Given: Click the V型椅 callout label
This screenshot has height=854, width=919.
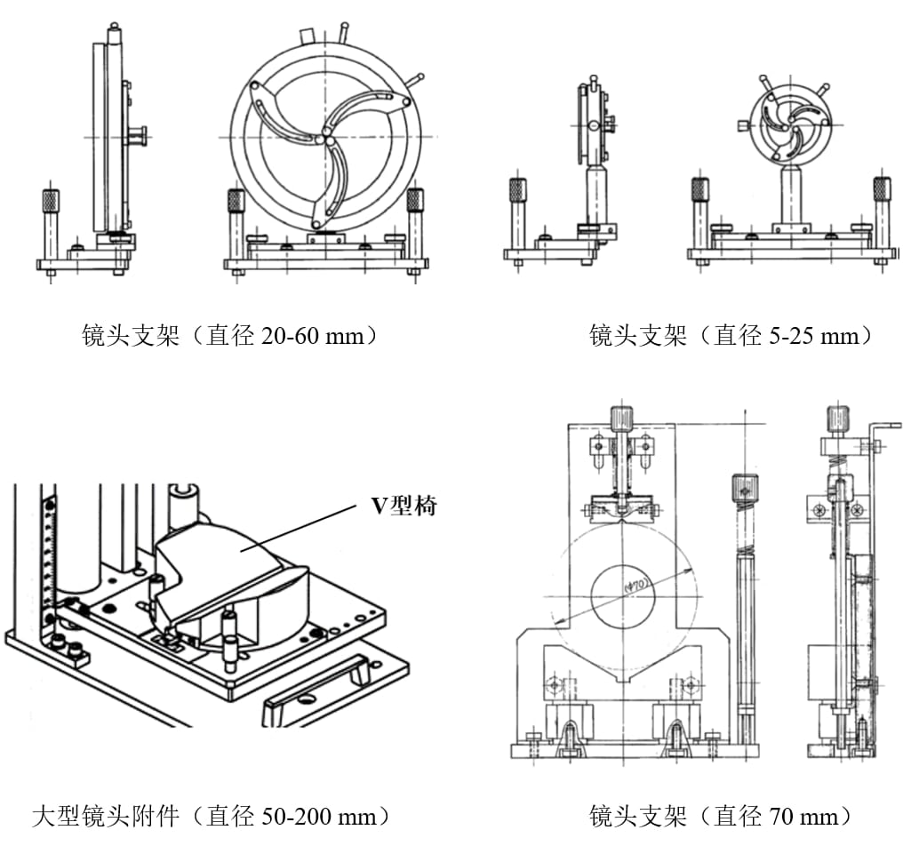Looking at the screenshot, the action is pos(404,506).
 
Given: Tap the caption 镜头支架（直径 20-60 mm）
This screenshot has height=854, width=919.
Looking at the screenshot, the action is pos(230,336).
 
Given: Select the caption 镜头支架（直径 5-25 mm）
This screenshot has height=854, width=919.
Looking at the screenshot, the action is pos(732,336).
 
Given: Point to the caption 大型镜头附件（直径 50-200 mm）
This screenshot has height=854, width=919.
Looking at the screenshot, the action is pos(211,816).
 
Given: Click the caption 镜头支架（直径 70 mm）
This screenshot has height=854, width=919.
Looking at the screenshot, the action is pos(722,816).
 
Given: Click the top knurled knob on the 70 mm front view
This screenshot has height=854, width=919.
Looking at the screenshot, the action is pos(622,418).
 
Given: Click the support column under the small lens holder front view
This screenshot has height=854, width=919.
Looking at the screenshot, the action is pos(791,196).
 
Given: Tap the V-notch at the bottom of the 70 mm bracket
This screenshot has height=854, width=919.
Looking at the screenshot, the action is pos(623,679).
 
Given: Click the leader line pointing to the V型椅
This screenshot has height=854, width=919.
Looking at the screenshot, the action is pos(302,526).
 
